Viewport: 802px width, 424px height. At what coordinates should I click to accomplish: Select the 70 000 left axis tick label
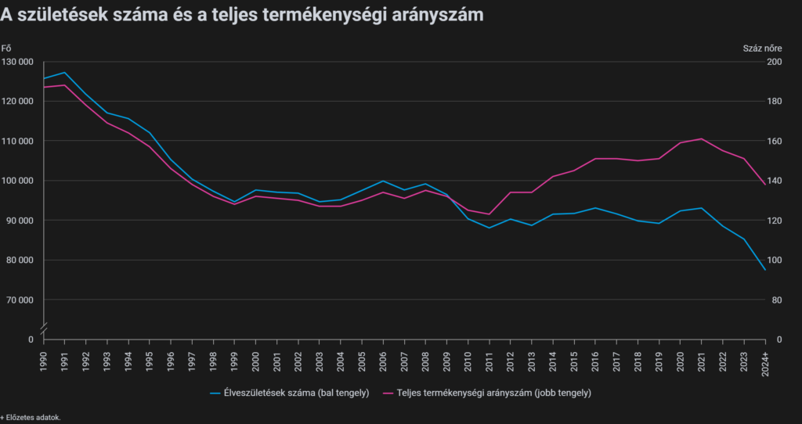click(19, 300)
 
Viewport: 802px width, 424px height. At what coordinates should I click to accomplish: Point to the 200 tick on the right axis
click(774, 62)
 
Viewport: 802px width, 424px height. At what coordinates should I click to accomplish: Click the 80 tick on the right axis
click(774, 300)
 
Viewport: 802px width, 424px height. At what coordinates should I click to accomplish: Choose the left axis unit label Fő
click(6, 49)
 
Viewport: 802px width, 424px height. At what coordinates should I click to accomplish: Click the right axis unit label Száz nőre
click(762, 49)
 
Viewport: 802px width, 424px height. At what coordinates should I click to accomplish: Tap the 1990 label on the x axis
click(44, 359)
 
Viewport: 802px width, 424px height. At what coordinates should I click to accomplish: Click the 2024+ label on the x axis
click(765, 361)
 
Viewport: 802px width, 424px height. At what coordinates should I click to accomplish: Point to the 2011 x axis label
click(490, 359)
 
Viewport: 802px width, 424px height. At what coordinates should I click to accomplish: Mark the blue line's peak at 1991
click(65, 73)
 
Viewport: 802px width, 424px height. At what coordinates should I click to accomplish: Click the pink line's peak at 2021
click(702, 138)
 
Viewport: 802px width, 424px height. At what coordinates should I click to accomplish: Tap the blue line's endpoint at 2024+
click(765, 270)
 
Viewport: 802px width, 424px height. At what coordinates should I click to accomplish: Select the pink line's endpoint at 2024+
click(765, 185)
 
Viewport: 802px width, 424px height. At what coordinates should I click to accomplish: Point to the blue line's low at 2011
click(490, 228)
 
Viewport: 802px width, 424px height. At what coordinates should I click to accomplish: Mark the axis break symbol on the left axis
click(44, 325)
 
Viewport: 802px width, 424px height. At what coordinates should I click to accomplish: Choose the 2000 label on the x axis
click(256, 359)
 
